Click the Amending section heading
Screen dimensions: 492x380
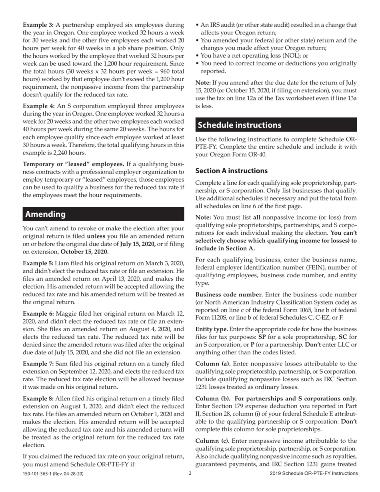[x=46, y=214]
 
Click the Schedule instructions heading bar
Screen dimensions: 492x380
[x=240, y=125]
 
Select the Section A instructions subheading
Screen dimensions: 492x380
[x=232, y=171]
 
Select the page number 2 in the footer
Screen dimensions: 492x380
[x=190, y=473]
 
